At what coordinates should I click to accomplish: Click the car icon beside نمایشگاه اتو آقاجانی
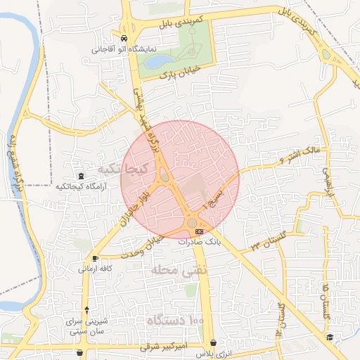pyautogui.click(x=124, y=39)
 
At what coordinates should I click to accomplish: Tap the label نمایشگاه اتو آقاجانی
pyautogui.click(x=124, y=50)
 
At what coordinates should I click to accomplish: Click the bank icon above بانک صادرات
pyautogui.click(x=200, y=231)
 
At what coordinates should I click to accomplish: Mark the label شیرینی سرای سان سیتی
pyautogui.click(x=86, y=326)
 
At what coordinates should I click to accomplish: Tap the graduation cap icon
pyautogui.click(x=329, y=338)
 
